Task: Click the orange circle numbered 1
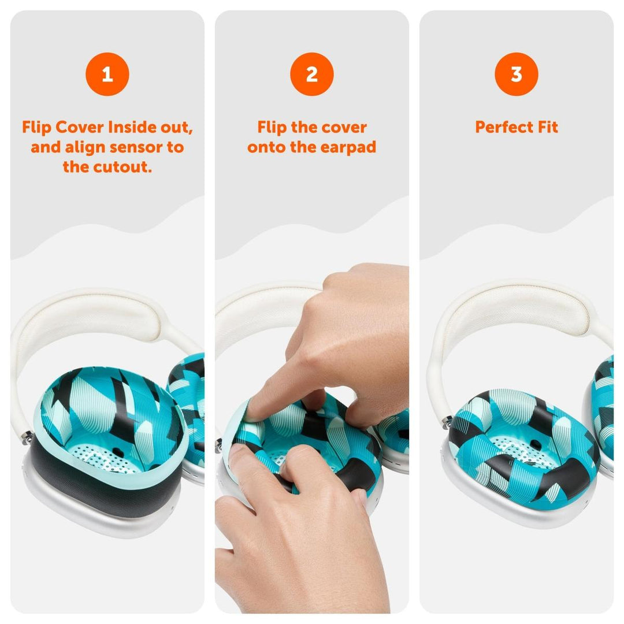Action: [x=107, y=74]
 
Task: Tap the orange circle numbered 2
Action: [x=311, y=74]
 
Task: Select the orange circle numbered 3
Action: [x=516, y=74]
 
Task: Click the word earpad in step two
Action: [x=347, y=147]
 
